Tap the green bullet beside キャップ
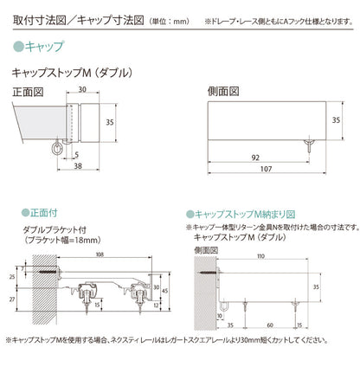click(21, 42)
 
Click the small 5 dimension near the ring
click(77, 154)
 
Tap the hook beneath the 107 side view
click(308, 147)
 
